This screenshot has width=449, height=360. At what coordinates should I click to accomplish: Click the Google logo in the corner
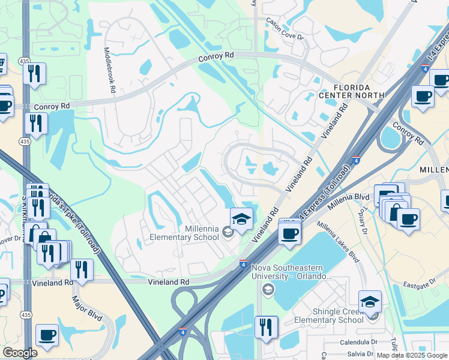pyautogui.click(x=20, y=353)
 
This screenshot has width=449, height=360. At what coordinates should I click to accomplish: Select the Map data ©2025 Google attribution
pyautogui.click(x=412, y=356)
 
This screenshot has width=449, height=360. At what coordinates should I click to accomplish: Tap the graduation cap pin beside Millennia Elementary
pyautogui.click(x=241, y=218)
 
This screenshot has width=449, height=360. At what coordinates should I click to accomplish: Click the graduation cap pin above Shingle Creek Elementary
pyautogui.click(x=370, y=301)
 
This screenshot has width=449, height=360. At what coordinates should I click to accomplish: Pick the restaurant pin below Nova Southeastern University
pyautogui.click(x=266, y=327)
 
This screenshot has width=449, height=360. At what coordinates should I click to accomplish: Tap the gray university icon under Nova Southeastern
pyautogui.click(x=268, y=290)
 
